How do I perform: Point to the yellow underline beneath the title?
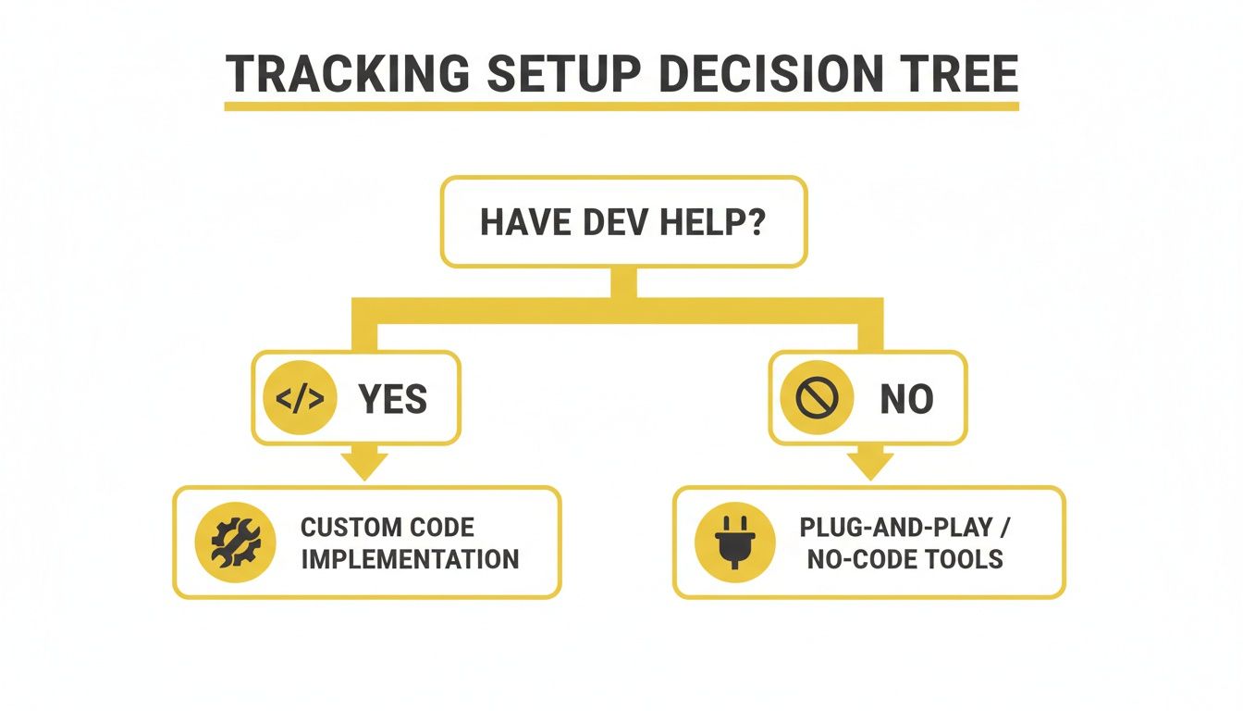point(621,106)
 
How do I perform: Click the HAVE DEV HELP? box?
point(623,223)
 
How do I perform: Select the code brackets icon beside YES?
point(301,398)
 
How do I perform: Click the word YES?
point(393,399)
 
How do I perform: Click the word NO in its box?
point(906,399)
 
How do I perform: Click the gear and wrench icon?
point(236,542)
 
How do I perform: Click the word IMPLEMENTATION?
point(409,558)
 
